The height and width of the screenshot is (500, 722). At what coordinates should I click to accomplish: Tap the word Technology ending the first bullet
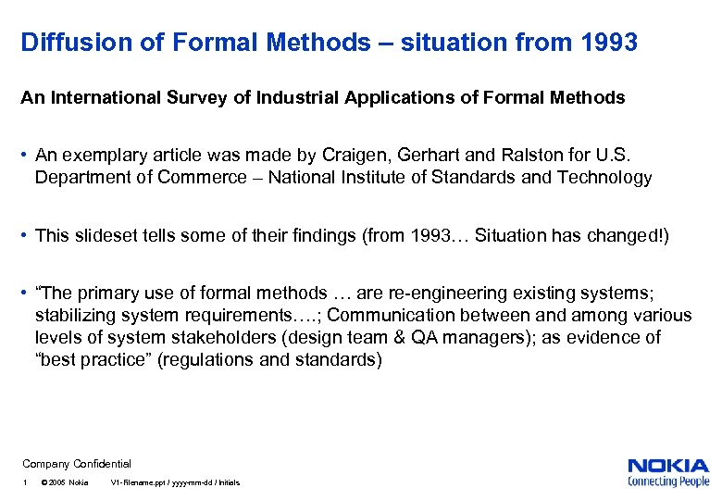(604, 177)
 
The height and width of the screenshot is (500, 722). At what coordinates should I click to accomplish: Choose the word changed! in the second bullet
(633, 235)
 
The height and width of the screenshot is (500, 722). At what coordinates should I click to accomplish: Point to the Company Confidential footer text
(77, 463)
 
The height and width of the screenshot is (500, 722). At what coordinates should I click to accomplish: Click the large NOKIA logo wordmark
(668, 466)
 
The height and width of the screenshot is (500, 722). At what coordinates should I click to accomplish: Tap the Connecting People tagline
(668, 481)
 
